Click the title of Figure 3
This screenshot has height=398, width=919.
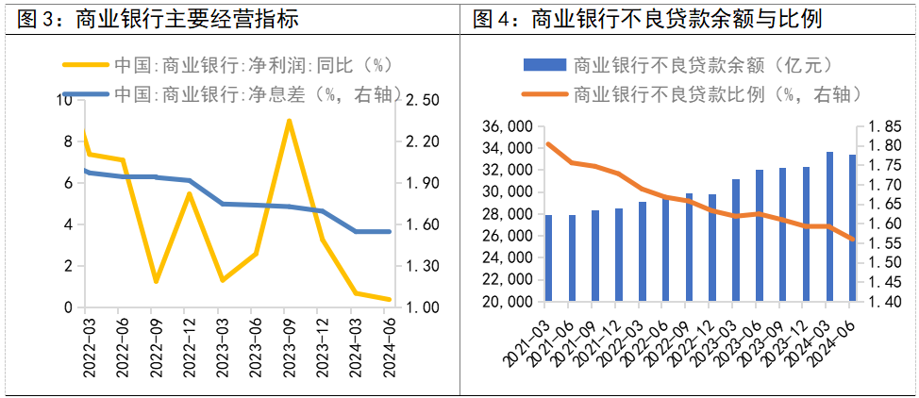[x=156, y=18]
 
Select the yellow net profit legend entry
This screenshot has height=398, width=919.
[x=226, y=66]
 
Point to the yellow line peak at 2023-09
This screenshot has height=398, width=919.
[x=289, y=121]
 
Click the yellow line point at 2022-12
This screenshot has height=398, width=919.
[x=189, y=194]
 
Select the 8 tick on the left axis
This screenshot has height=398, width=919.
[x=66, y=141]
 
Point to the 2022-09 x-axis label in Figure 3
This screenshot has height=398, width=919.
[x=153, y=348]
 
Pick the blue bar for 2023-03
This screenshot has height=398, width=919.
[x=735, y=240]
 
